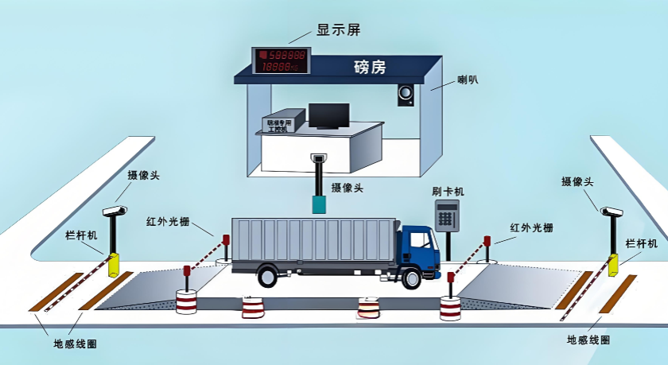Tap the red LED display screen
click(282, 62)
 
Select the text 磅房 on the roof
click(370, 68)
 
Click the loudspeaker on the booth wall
click(406, 95)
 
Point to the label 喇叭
click(468, 80)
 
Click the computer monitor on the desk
click(328, 115)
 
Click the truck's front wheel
click(411, 278)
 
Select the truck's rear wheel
click(267, 275)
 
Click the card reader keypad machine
click(447, 216)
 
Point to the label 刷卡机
click(448, 191)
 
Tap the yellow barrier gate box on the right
click(613, 265)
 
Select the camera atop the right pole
click(611, 212)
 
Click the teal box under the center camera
click(320, 204)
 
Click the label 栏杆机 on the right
click(641, 243)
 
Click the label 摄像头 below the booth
click(348, 188)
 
